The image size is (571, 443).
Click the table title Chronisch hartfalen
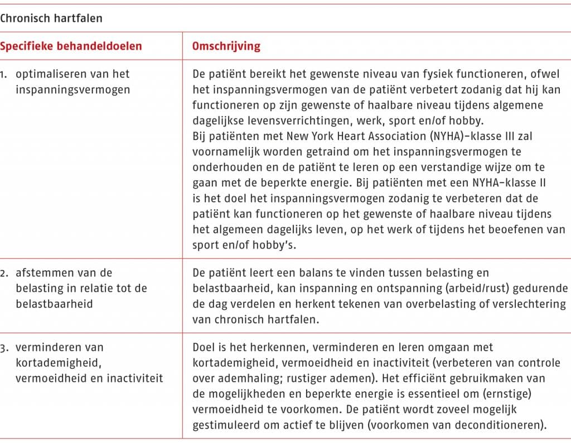pos(51,18)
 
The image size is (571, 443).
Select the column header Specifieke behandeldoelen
pos(71,46)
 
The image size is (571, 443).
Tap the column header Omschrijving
pos(226,46)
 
